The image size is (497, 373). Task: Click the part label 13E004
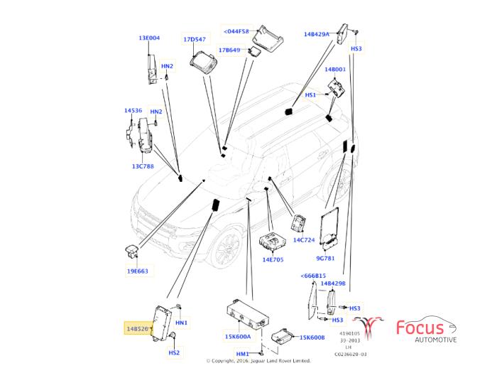[x=149, y=38]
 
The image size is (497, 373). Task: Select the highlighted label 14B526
[x=138, y=329]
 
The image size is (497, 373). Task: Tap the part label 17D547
[x=194, y=40]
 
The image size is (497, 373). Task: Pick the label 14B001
[x=335, y=70]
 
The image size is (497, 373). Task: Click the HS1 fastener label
[x=310, y=94]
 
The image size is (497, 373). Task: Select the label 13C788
[x=143, y=166]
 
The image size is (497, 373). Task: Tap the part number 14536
[x=133, y=111]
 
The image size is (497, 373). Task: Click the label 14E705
[x=273, y=259]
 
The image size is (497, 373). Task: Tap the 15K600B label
[x=312, y=337]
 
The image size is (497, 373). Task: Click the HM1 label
[x=243, y=353]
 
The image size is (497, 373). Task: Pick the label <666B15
[x=313, y=275]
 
